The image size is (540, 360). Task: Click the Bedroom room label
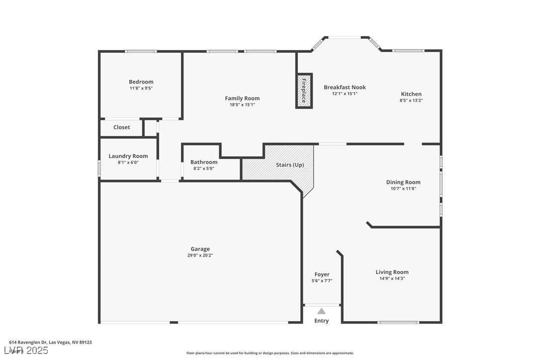point(141,82)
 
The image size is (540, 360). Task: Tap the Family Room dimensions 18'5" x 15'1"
point(242,105)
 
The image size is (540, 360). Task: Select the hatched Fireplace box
point(304,91)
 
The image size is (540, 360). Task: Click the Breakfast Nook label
point(345,88)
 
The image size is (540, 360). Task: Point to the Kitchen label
point(411,94)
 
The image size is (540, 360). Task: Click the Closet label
point(121,127)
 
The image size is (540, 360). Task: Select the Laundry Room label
point(128,156)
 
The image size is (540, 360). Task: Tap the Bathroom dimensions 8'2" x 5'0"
point(204,169)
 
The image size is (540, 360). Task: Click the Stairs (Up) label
point(290,165)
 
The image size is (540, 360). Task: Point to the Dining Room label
point(403,182)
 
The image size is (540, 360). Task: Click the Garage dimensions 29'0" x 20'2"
point(200,256)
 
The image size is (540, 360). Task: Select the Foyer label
point(322,274)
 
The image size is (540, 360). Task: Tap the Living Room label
point(392,272)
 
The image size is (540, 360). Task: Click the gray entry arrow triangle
point(322,311)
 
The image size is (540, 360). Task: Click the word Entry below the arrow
point(322,321)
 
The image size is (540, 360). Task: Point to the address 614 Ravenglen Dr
point(50,342)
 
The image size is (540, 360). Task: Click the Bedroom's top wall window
point(141,51)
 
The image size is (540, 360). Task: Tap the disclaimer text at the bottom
point(270,353)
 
